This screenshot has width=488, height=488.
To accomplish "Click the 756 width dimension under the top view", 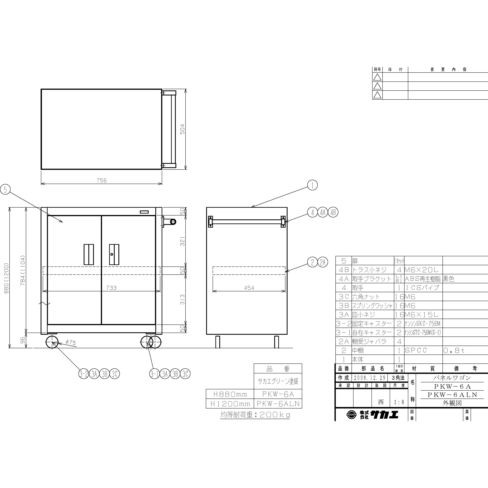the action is (x=102, y=180).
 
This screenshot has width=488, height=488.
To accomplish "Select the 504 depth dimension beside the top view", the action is (x=182, y=129).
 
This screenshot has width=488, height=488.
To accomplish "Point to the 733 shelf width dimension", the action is (x=111, y=288).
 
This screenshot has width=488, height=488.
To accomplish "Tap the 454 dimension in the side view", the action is (x=249, y=288).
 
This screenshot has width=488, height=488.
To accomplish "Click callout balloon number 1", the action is (x=312, y=185).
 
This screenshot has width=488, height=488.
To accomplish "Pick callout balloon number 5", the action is (x=5, y=190).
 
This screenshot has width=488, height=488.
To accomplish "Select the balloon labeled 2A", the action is (x=323, y=262).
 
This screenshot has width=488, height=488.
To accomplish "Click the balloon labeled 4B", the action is (x=333, y=212).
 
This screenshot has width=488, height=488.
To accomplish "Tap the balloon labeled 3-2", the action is (x=84, y=374).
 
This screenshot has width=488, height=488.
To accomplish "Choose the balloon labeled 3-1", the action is (x=154, y=374).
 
